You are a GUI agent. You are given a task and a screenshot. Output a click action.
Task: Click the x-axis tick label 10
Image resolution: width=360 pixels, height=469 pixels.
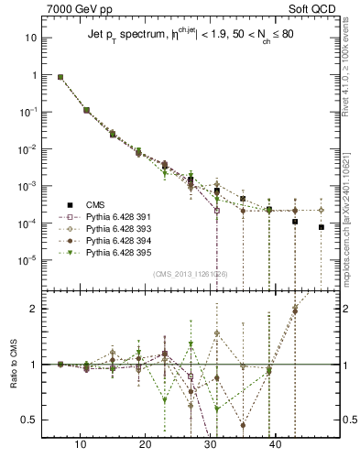tap(81, 444)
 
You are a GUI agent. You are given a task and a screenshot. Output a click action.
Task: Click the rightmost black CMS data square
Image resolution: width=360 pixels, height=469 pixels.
tap(322, 227)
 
